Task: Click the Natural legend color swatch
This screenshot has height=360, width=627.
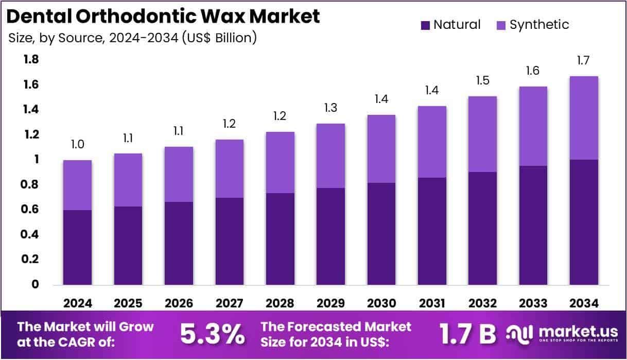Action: (x=426, y=25)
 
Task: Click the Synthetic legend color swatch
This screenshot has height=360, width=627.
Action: (x=502, y=25)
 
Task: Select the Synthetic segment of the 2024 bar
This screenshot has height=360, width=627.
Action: (x=77, y=185)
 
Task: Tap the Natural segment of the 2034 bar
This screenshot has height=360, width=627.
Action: (x=584, y=222)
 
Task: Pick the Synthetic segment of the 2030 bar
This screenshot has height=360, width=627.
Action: (x=381, y=149)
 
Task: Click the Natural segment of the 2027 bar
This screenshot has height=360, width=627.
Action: (x=229, y=241)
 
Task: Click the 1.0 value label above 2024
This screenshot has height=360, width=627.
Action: (x=77, y=145)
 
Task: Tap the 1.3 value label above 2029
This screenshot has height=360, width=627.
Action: (x=330, y=108)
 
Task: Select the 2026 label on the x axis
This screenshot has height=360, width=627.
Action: (x=179, y=303)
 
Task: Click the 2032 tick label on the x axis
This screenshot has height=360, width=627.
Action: (x=482, y=303)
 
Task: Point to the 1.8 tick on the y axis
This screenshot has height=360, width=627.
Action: (x=31, y=60)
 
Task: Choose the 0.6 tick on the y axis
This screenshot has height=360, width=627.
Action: (x=31, y=210)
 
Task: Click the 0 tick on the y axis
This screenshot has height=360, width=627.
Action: (x=35, y=284)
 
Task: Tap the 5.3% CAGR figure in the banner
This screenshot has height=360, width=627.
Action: (x=212, y=334)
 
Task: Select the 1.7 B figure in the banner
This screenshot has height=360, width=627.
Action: (x=467, y=334)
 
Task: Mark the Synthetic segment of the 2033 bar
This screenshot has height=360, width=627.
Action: (x=533, y=126)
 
